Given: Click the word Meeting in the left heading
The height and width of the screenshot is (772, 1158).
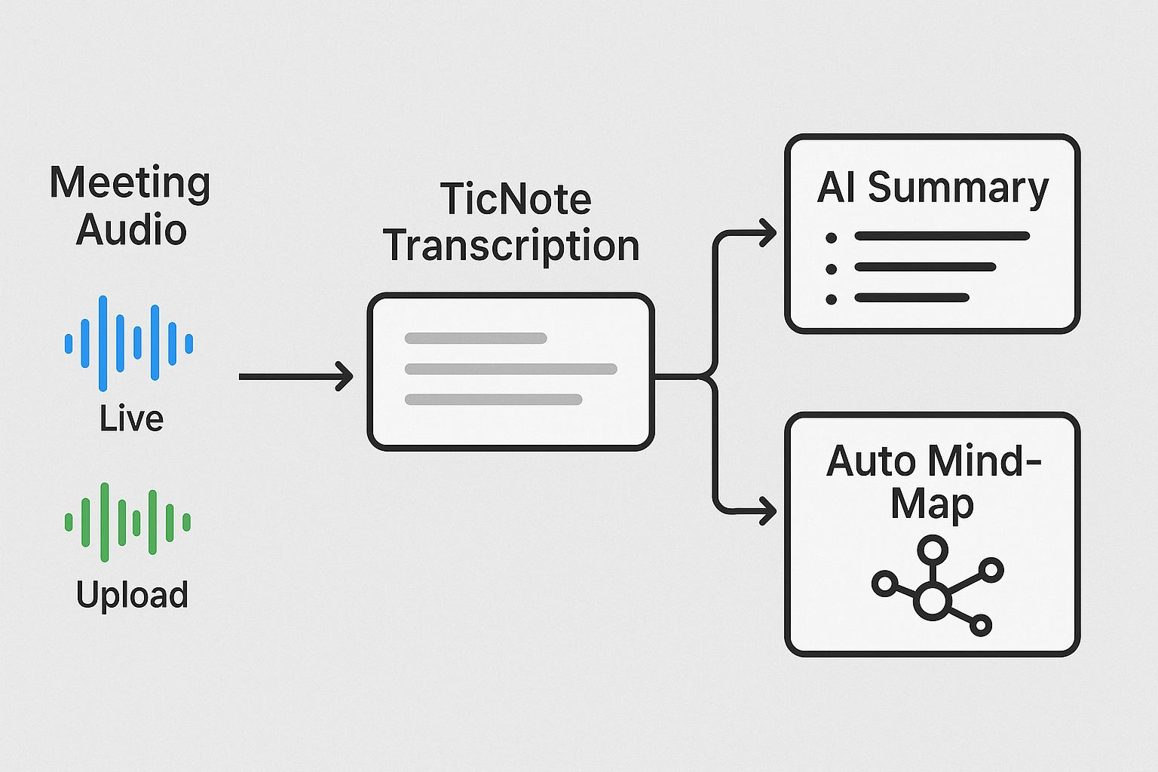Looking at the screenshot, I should [130, 183].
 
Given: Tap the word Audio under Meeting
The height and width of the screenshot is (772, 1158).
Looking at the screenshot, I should [131, 230].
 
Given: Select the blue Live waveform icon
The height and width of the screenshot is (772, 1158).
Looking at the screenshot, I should [129, 343].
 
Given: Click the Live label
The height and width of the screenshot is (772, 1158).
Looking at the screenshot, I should [131, 419].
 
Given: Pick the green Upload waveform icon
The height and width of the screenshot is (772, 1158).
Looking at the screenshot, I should [128, 522].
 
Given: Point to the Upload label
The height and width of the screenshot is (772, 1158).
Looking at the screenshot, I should [132, 595].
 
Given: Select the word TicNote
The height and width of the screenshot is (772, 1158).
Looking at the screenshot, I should [516, 200].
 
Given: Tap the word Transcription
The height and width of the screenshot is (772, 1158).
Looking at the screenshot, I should [511, 247].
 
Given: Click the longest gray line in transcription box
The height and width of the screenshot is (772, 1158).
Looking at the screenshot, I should [511, 369].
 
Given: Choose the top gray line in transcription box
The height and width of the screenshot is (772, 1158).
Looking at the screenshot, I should [476, 339].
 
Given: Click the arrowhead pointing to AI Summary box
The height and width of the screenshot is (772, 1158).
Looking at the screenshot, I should [767, 233].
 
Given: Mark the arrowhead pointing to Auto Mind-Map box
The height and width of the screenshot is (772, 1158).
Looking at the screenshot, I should [767, 510].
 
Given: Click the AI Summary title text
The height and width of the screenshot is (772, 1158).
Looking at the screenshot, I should [933, 188].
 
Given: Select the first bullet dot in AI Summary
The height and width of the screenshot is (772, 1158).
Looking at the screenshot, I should [831, 237].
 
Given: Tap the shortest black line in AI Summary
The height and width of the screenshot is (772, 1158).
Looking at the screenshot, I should [911, 298].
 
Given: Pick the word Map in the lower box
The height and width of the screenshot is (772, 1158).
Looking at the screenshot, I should [932, 504].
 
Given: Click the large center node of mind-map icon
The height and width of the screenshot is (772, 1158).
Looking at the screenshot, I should [933, 602].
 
